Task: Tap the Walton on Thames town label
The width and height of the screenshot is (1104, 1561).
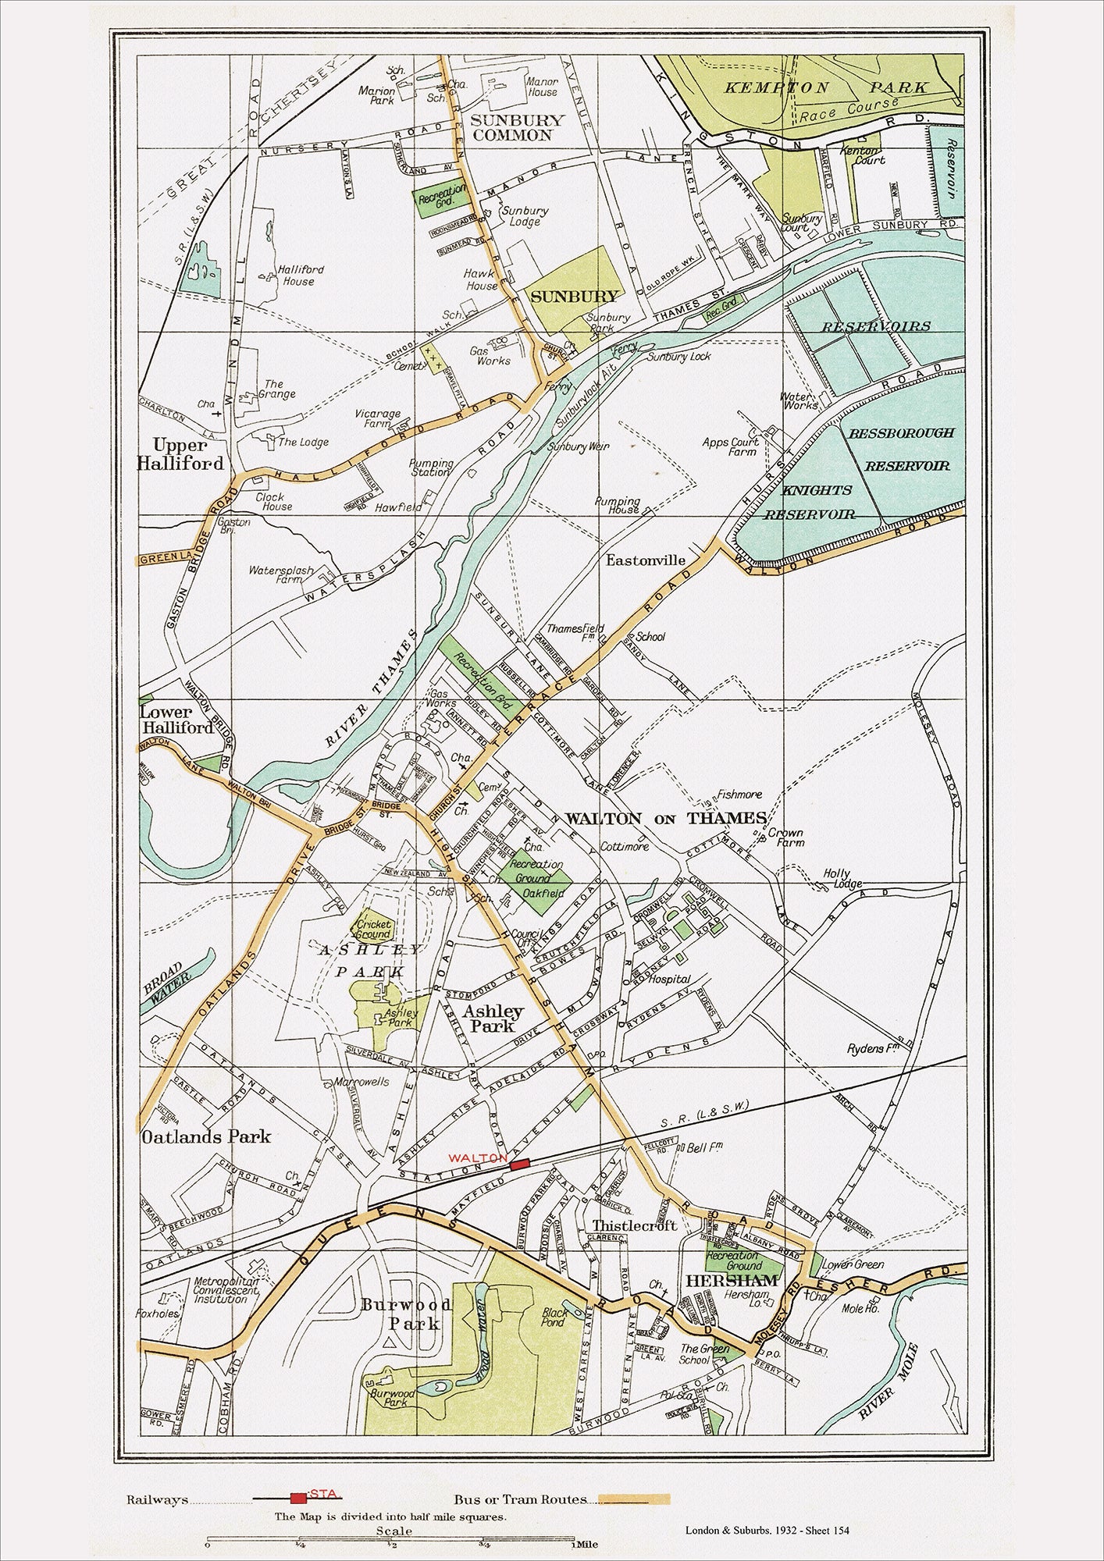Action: tap(665, 819)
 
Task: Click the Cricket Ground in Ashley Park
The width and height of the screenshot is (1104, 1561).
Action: tap(373, 930)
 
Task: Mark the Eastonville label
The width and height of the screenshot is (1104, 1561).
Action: tap(645, 560)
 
